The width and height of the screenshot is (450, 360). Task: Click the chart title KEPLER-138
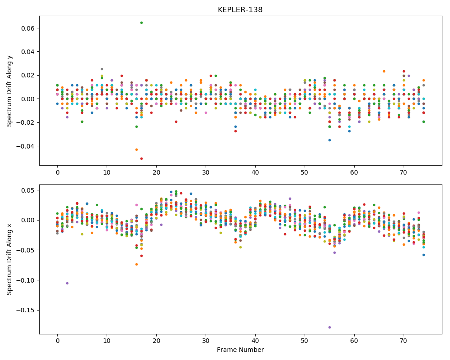240,10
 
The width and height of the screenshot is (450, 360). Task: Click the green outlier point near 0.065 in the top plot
141,22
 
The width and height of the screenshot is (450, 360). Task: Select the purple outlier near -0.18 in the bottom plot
329,327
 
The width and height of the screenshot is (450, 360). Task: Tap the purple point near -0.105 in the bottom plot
67,283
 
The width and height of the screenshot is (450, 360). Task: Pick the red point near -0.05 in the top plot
141,158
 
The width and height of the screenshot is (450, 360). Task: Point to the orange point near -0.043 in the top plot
137,149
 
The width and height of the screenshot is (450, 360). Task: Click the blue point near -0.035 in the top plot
329,140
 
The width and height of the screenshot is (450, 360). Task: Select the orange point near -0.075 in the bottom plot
137,265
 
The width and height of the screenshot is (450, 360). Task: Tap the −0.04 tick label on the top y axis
26,146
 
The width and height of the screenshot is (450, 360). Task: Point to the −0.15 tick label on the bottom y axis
26,310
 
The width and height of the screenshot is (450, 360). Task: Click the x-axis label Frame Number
240,350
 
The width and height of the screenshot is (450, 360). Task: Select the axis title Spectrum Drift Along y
9,91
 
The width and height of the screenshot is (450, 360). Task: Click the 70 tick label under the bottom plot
404,341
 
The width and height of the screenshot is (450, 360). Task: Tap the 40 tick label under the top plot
255,172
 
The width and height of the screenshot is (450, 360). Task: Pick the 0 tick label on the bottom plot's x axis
58,341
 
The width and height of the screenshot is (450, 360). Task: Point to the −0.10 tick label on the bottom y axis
26,280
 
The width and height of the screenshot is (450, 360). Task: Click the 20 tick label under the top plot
157,172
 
